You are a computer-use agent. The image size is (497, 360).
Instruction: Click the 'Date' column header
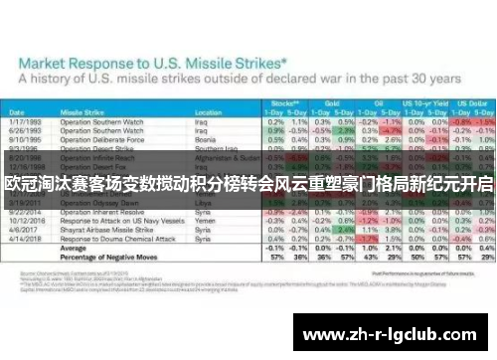[x=21, y=112]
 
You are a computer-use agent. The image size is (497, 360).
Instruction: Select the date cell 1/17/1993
[x=24, y=121]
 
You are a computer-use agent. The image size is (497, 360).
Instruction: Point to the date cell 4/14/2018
[x=24, y=239]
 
